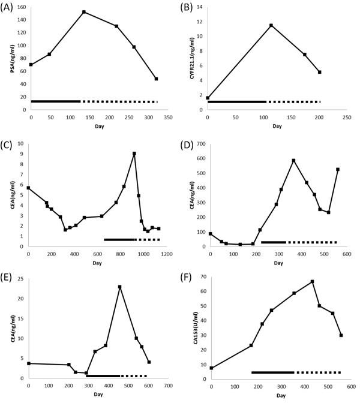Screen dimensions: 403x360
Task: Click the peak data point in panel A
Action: (83, 12)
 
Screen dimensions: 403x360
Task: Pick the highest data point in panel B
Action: (271, 25)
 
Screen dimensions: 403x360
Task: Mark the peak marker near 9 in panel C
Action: (134, 154)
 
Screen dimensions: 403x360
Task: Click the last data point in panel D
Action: (338, 169)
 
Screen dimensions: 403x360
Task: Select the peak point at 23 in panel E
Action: (120, 287)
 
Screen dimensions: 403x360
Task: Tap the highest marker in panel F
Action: (313, 281)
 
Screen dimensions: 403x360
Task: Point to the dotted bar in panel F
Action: (318, 372)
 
